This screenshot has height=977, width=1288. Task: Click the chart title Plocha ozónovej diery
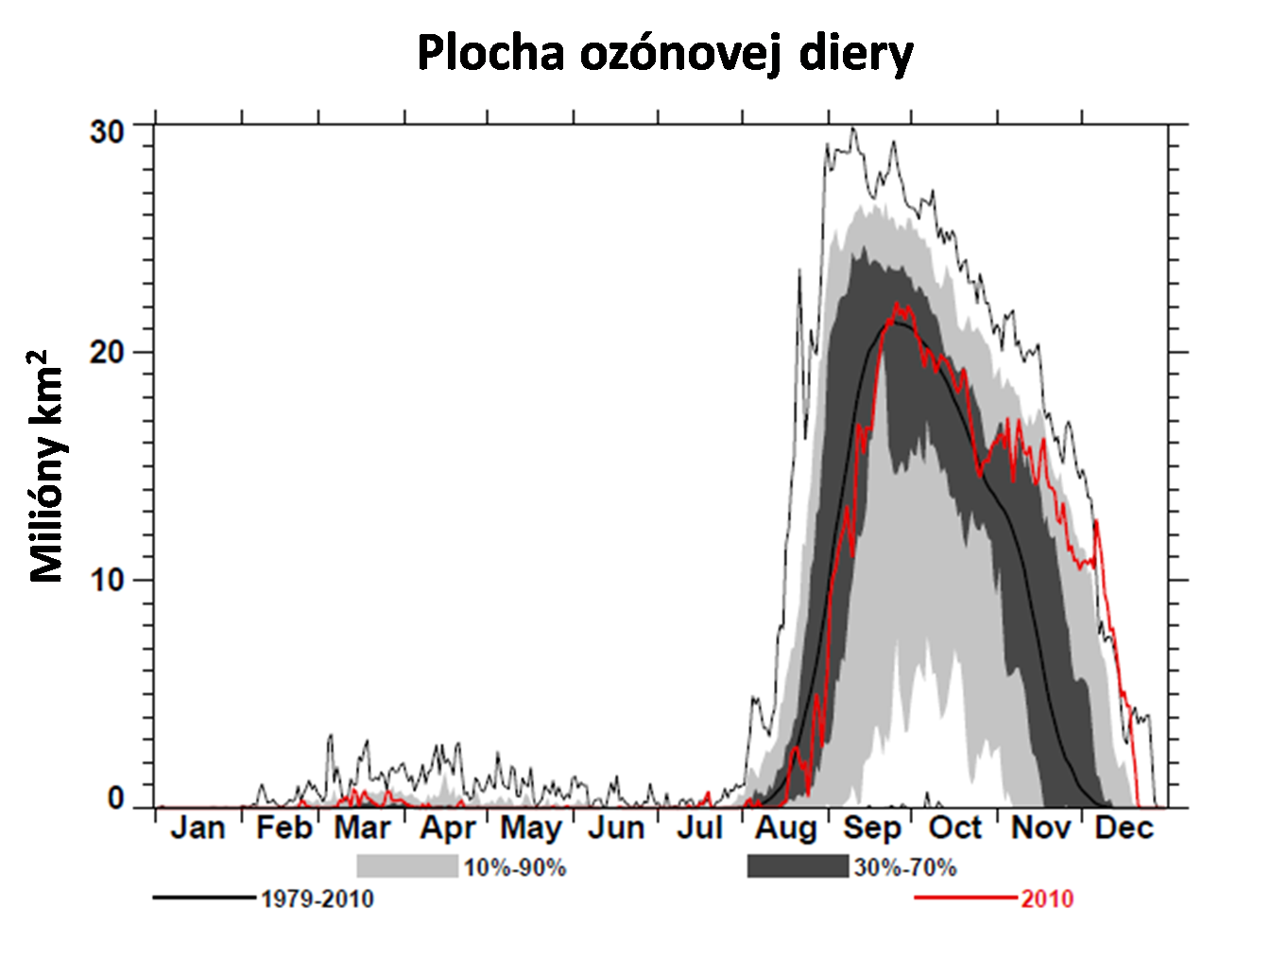pos(664,54)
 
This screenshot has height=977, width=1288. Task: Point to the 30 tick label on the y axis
pos(107,131)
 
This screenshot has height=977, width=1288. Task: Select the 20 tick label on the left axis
pos(107,352)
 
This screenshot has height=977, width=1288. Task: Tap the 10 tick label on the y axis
pos(107,580)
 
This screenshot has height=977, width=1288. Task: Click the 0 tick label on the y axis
pos(116,799)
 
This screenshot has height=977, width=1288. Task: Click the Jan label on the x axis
pos(197,829)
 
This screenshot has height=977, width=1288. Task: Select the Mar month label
pos(362,829)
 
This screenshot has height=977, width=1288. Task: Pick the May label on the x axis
pos(530,829)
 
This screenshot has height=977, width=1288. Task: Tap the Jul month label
pos(700,829)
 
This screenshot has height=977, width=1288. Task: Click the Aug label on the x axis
pos(785,829)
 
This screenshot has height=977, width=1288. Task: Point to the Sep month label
pos(871,829)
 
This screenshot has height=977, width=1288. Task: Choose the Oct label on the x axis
pos(955,829)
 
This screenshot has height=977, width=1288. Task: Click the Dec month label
pos(1124,829)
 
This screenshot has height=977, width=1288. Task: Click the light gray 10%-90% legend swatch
pos(407,866)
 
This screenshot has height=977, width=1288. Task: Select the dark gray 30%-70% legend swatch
pos(798,866)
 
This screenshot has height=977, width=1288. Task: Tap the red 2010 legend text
pos(1047,898)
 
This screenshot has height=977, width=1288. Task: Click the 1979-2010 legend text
pos(318,898)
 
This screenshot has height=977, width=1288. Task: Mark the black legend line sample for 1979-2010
pos(204,897)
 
